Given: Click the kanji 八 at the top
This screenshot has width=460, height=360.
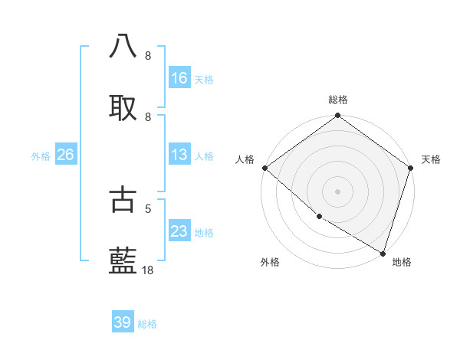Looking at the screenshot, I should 123,46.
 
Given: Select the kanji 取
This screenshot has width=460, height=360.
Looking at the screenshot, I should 123,108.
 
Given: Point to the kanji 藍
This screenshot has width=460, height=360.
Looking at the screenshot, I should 123,261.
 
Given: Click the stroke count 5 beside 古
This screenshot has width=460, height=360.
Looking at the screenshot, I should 149,208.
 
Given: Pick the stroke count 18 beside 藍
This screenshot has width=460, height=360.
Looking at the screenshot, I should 148,270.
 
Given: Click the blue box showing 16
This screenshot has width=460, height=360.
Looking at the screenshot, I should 179,77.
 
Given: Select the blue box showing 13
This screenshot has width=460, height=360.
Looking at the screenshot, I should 179,155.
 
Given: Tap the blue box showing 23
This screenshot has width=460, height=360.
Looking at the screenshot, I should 179,231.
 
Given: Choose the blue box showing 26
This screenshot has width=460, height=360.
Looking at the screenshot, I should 65,155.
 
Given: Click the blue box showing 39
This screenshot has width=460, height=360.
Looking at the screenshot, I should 123,322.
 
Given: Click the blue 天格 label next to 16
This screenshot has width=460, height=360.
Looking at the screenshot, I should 204,79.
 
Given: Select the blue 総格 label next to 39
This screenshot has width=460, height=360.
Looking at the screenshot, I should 147,324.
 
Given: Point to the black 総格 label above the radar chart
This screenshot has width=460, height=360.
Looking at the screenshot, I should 338,100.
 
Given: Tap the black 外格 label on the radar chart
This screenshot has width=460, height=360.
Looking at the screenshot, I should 270,262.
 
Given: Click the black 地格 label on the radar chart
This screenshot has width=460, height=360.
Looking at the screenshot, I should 402,262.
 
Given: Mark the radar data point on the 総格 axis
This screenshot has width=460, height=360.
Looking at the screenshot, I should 338,116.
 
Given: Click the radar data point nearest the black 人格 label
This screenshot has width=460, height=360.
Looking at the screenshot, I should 265,168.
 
